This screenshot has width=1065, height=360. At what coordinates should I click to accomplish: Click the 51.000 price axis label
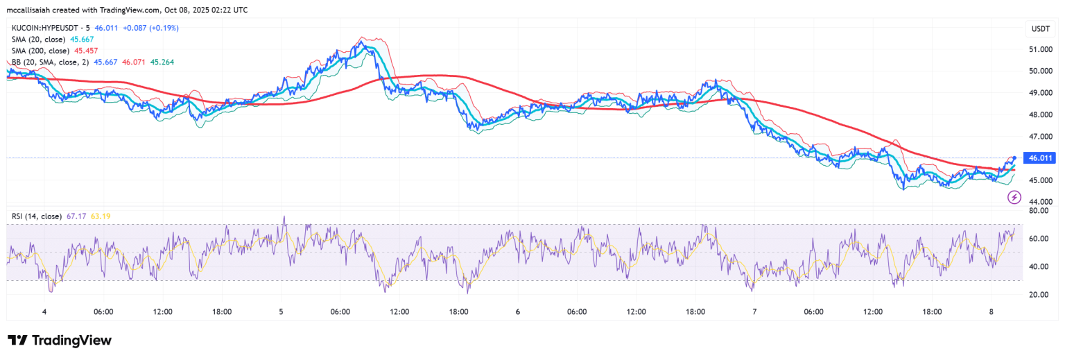point(1041,49)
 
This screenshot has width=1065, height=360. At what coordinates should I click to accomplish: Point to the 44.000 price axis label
point(1041,202)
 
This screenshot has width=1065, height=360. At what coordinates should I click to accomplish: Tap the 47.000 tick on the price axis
point(1041,137)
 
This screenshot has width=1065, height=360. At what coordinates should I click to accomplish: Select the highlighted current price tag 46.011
point(1041,158)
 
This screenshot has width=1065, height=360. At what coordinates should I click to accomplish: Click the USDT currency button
point(1041,28)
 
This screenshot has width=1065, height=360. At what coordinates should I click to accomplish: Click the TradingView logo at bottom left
point(60,340)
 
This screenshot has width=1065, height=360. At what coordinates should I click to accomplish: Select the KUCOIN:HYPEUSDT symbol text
point(46,28)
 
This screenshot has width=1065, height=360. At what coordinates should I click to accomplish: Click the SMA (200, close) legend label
point(40,51)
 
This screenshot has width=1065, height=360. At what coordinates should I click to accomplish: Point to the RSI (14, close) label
point(37,216)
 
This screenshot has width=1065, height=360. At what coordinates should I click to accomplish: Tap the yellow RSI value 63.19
point(101,216)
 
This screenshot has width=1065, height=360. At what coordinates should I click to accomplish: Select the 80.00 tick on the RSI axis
point(1038,210)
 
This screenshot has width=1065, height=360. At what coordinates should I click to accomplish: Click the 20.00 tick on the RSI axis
point(1038,294)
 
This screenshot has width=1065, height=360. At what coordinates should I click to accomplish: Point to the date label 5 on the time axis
point(281,312)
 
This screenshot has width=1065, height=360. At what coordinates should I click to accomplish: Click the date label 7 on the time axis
point(754,312)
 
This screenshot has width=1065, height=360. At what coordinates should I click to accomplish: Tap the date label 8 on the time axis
point(992,312)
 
